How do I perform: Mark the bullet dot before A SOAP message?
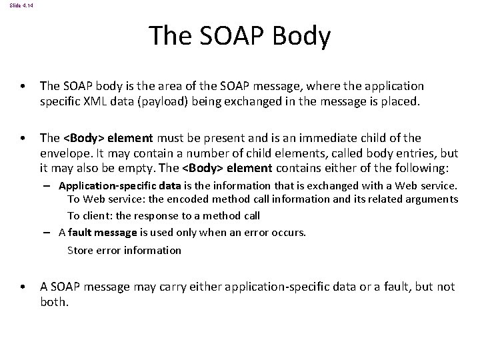point(23,287)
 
